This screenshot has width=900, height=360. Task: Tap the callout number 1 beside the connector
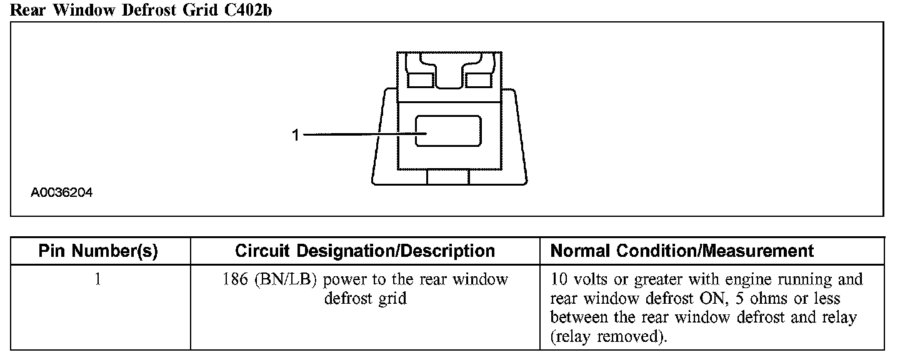coord(296,134)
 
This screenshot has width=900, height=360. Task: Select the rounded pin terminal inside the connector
coord(448,131)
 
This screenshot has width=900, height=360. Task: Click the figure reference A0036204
coord(61,193)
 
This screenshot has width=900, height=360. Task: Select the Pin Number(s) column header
coord(98,251)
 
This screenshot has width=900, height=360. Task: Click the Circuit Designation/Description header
coord(365,251)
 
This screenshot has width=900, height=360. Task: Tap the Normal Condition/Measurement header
coord(682,251)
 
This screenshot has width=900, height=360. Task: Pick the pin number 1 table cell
coord(97,279)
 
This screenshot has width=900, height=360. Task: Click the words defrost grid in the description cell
coord(365,298)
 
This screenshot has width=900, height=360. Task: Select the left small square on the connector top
coord(421,79)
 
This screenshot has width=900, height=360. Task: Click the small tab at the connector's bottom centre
coord(447,177)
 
